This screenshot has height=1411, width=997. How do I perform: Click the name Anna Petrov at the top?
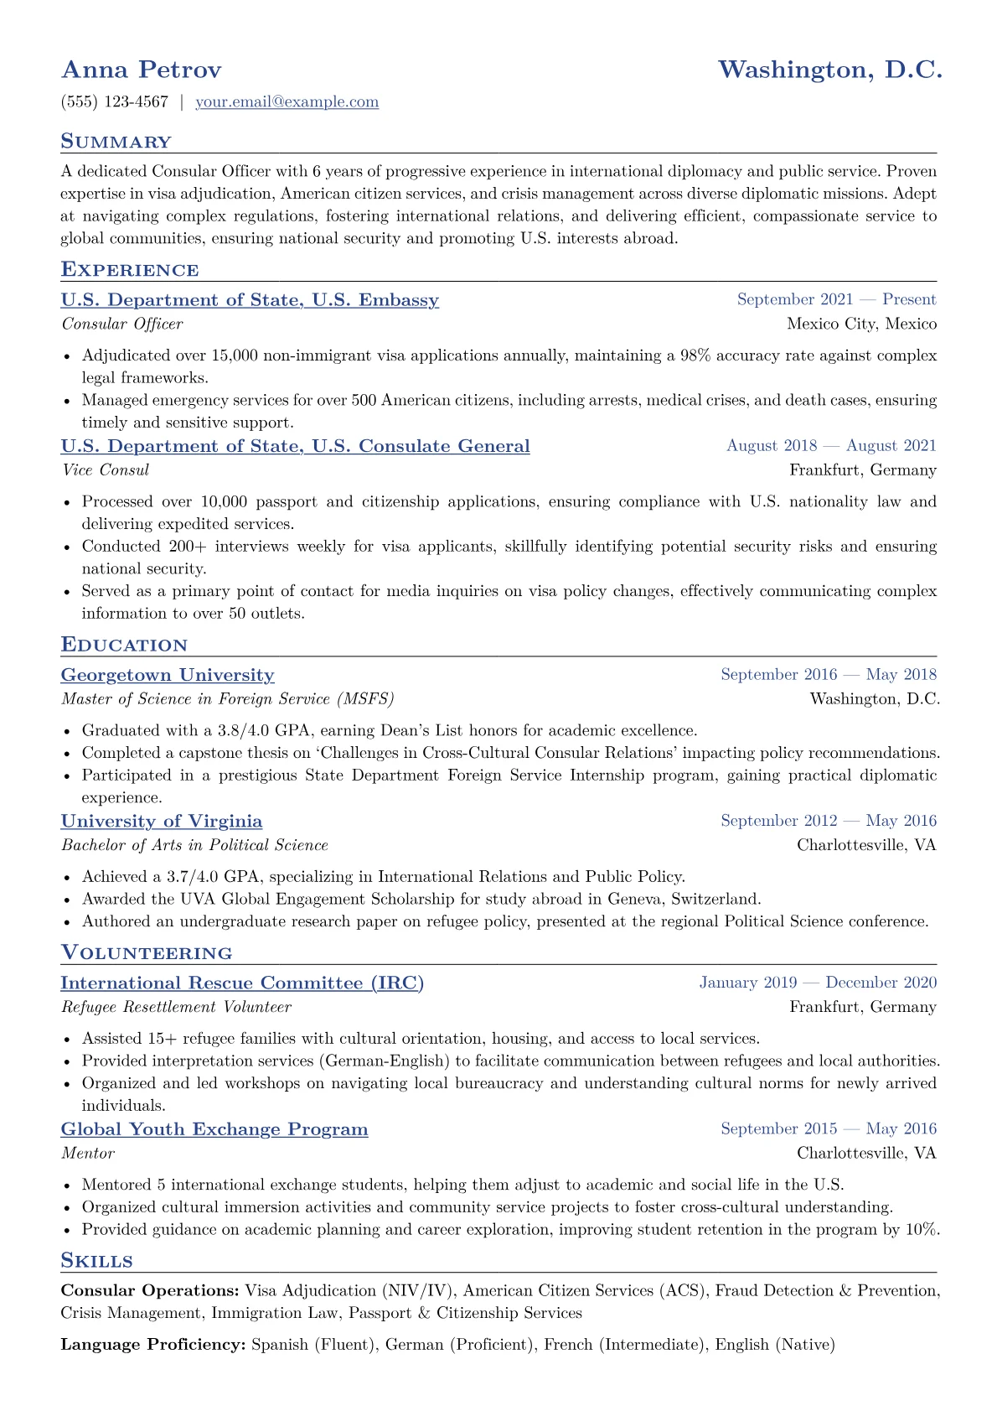pos(142,70)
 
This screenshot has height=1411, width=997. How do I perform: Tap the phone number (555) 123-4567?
pos(115,102)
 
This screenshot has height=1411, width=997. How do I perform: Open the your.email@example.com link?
pos(287,102)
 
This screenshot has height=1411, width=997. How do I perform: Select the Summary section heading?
pos(116,142)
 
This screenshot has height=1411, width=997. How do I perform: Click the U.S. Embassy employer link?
pos(250,300)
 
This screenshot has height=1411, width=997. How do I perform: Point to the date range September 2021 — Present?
pos(836,299)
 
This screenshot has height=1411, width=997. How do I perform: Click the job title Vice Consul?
pos(106,470)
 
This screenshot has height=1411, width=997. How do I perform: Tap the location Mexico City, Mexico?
pos(861,324)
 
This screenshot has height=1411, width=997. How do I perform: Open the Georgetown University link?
pos(168,675)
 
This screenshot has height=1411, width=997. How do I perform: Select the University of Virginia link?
pos(162,822)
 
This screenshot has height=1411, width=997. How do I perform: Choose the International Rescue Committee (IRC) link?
pos(242,983)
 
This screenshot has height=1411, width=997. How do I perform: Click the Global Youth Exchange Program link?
pos(214,1129)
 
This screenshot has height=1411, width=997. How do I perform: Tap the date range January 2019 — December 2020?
pos(818,983)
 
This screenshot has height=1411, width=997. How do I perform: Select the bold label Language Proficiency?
pos(153,1345)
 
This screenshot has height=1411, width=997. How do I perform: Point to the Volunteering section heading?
pos(147,953)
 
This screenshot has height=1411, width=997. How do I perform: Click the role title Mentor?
pos(88,1154)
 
